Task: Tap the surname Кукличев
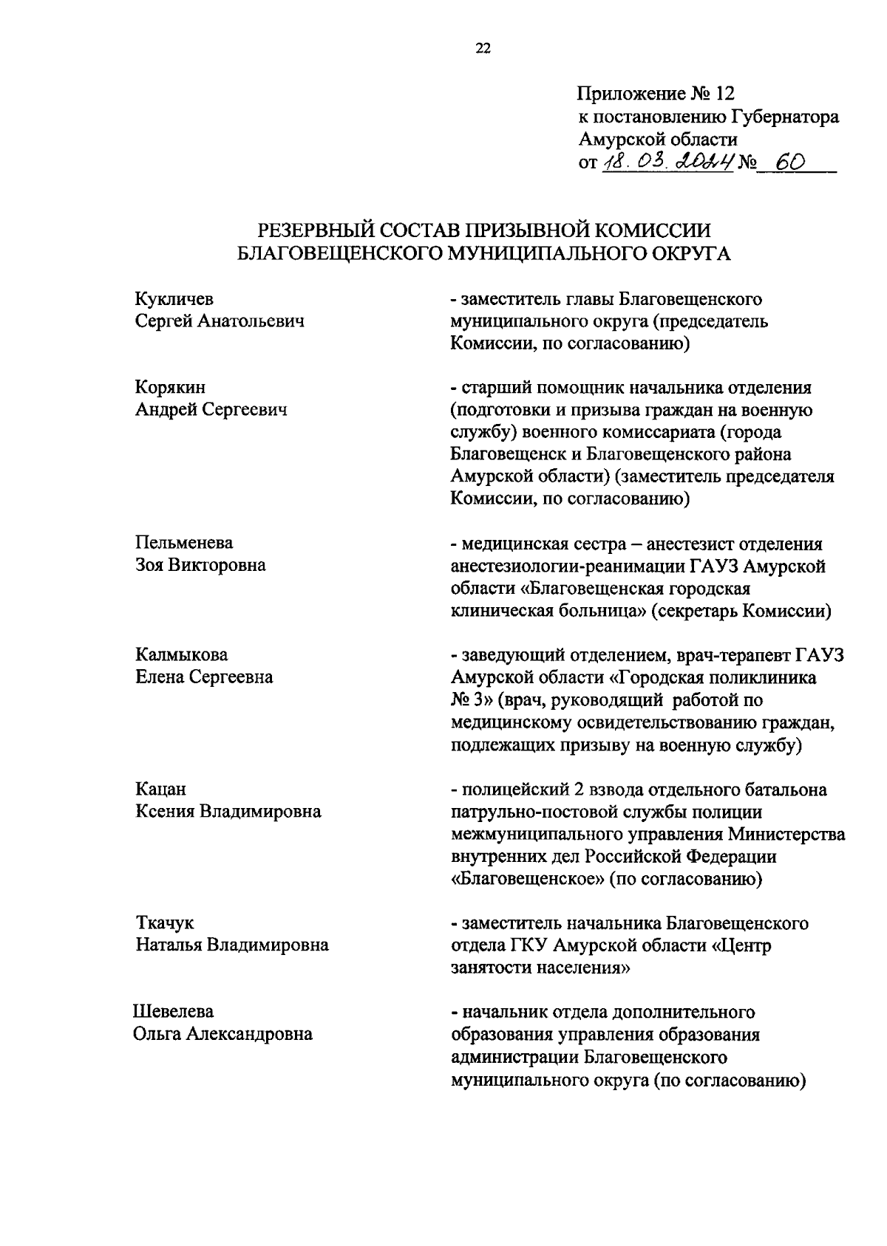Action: click(x=174, y=299)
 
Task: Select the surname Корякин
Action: click(x=171, y=388)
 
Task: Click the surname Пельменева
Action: click(x=184, y=543)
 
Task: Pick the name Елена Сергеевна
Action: click(x=204, y=677)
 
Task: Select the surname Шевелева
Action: click(x=174, y=1012)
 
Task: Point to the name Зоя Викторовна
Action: click(x=200, y=566)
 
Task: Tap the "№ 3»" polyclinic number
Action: click(x=472, y=700)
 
